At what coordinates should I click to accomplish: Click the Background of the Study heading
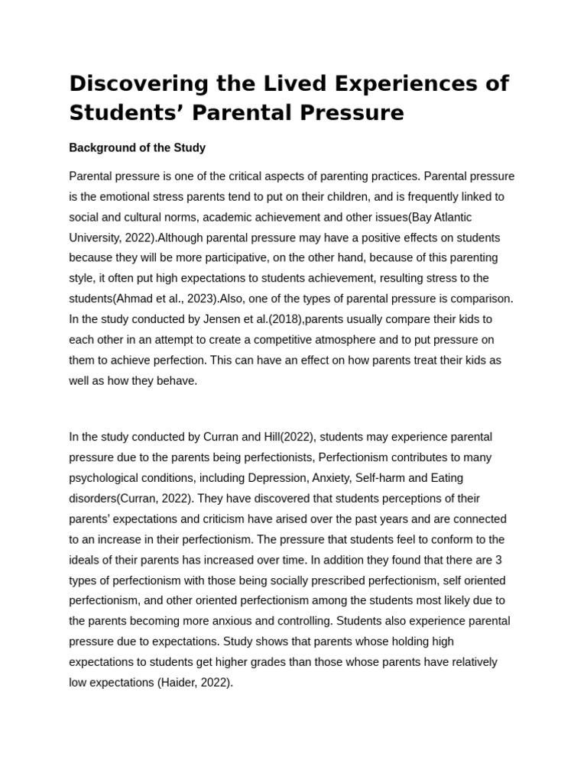coord(137,147)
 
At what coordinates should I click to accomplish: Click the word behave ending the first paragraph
coord(178,380)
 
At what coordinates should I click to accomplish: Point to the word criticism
coord(211,519)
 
